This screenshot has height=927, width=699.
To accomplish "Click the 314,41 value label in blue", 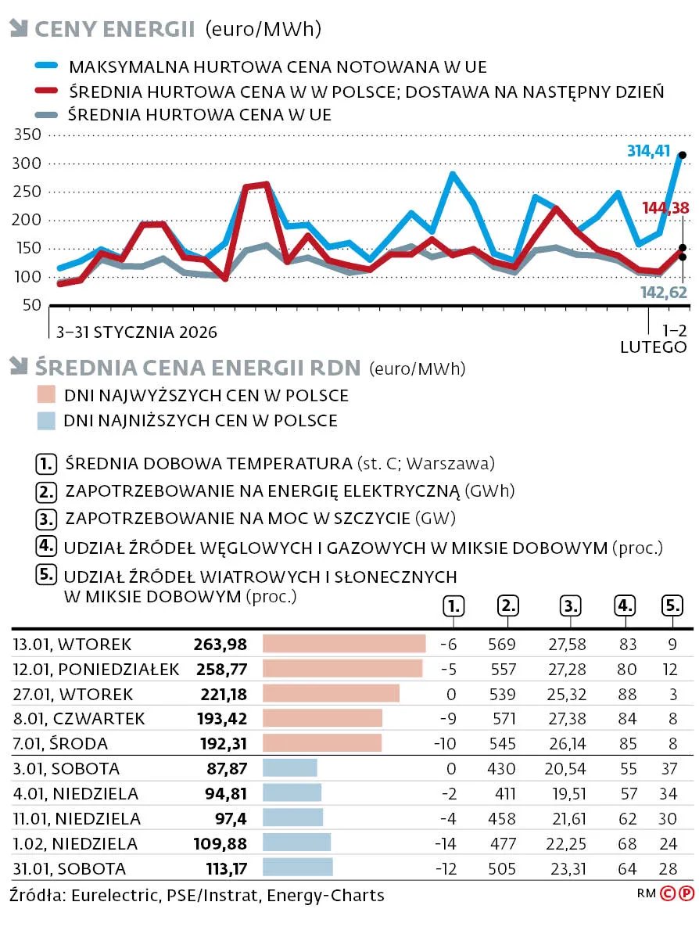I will tap(648, 150).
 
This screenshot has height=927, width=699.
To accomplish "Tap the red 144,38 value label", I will tap(665, 207).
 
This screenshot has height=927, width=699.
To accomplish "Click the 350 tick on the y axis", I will tap(27, 135).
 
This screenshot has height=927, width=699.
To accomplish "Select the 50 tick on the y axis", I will tap(31, 304).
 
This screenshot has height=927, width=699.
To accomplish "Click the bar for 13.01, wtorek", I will tap(344, 644).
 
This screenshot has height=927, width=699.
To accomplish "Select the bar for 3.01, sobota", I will tap(290, 767).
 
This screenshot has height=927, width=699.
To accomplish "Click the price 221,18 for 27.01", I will tap(220, 694).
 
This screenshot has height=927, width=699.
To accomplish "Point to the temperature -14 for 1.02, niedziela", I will tap(447, 843).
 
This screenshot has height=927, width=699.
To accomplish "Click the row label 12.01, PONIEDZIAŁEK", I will tap(96, 669).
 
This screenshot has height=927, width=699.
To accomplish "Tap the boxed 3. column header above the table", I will tap(571, 605).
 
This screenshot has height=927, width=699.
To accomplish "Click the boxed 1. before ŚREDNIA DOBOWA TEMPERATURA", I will tap(46, 463).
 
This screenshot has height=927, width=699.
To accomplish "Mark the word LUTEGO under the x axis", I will tap(654, 347).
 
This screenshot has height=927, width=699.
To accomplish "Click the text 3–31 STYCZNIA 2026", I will tap(137, 332).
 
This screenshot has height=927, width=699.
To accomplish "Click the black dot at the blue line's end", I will tap(682, 155).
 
